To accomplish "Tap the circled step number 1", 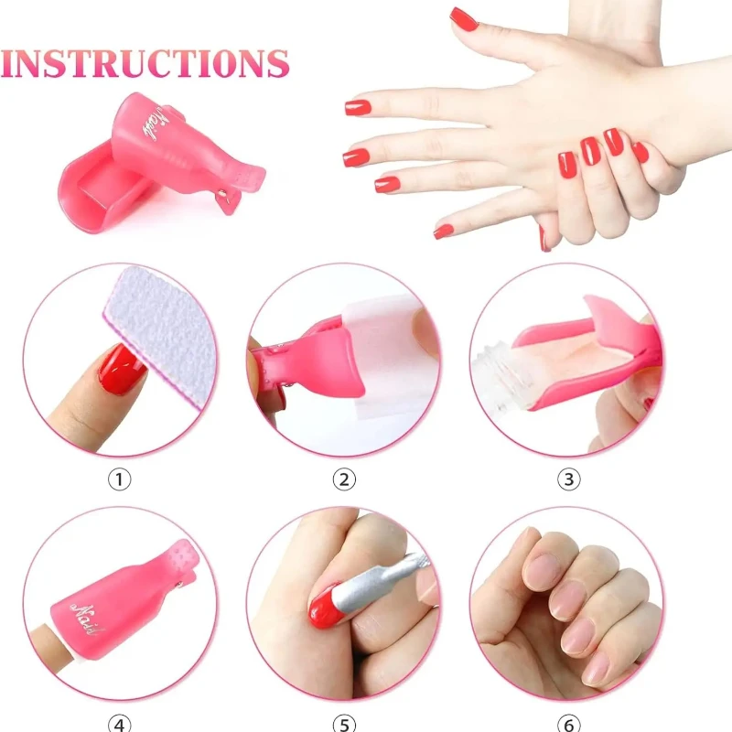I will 120,479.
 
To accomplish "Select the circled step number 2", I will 344,479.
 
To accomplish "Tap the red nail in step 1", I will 123,368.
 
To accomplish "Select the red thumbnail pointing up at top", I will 464,18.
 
